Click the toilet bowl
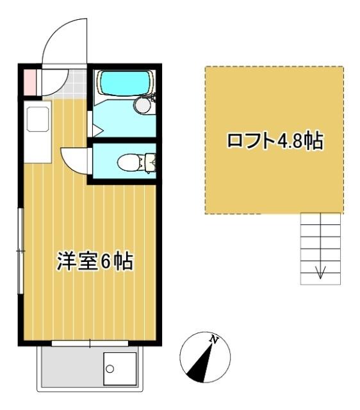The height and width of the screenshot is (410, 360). tap(130, 163)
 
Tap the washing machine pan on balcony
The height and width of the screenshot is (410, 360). tap(120, 368)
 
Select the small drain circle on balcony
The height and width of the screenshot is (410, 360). tap(110, 370)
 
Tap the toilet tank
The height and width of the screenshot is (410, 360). tap(151, 163)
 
